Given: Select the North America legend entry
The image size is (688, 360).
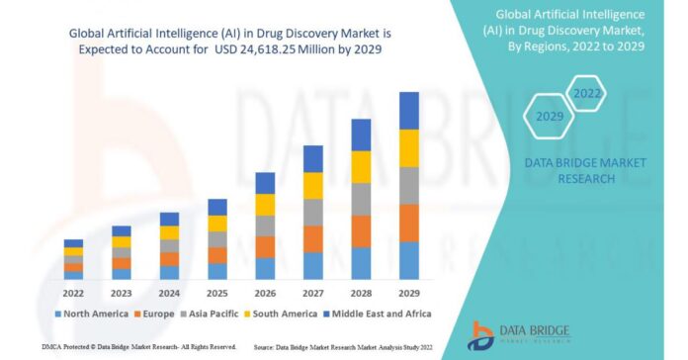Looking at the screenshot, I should point(91,315).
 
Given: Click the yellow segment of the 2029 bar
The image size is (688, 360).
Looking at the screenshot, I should point(409,148).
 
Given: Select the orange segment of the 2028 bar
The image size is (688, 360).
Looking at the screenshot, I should point(361,230).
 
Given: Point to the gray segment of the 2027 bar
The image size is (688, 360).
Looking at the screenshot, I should point(312,213).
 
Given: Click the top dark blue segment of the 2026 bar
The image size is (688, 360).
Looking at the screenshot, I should point(265,183).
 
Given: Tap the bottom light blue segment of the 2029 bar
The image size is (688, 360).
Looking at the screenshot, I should point(409,260).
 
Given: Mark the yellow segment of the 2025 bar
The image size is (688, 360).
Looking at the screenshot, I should point(216,224).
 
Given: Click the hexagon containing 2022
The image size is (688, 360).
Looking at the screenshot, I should point(587,94).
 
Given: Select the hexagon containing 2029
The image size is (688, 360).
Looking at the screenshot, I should point(550,117).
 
